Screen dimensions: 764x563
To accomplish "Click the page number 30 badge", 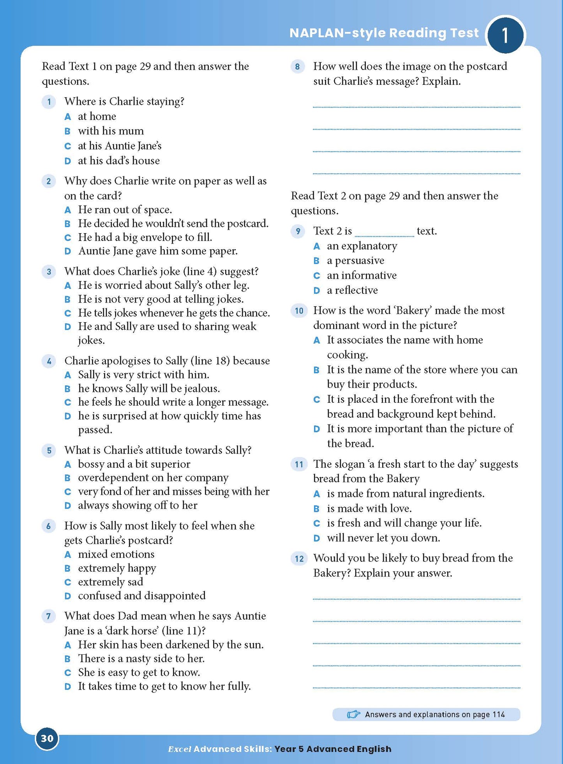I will tap(47, 738).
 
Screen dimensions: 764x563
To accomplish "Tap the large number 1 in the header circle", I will tap(505, 35).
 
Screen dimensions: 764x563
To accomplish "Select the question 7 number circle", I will tap(49, 616).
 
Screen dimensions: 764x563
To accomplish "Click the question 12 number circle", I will tap(299, 559).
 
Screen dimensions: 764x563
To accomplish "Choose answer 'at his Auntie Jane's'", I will tap(119, 146).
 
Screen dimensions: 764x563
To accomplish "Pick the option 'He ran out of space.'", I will tap(125, 210).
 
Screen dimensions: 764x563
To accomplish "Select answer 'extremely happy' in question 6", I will tap(117, 568).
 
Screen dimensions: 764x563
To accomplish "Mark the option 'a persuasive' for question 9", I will tap(355, 260).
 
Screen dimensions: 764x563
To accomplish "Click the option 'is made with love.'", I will tap(369, 509).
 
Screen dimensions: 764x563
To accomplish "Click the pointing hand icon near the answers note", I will tap(353, 715).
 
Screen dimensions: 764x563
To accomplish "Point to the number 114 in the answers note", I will tap(498, 715).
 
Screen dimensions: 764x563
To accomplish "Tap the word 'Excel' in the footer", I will tap(179, 749).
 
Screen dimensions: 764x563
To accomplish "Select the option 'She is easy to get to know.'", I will tap(139, 673).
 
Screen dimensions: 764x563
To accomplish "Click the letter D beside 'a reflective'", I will tap(317, 291).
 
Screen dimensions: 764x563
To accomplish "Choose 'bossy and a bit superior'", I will tap(134, 464).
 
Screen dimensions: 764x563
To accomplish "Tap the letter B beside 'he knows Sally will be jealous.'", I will tap(67, 389).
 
